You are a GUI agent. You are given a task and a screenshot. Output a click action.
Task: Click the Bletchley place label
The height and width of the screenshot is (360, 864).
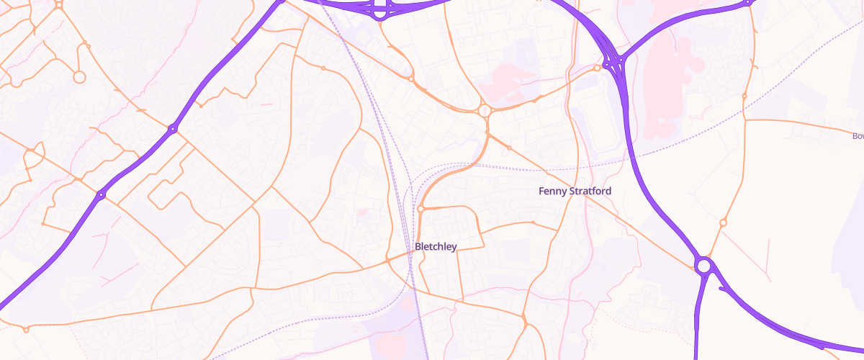[436, 247]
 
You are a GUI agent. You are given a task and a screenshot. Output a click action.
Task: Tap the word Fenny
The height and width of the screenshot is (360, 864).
[553, 192]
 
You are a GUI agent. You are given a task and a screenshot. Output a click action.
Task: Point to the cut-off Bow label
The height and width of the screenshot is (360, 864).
[857, 136]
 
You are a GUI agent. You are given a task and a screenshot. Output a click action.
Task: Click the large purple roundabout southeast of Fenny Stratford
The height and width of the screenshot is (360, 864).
[703, 266]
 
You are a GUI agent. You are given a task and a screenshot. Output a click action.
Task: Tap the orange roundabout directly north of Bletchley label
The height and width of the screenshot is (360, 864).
[420, 210]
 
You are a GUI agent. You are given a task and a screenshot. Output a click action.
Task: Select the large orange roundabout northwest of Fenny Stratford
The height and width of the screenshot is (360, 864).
[484, 111]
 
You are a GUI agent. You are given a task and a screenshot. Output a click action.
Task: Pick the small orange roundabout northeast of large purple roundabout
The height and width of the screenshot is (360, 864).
[724, 222]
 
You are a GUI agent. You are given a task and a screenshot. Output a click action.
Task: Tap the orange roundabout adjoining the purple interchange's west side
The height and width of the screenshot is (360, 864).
[597, 68]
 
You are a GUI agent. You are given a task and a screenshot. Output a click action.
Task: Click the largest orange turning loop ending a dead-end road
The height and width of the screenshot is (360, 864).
[79, 76]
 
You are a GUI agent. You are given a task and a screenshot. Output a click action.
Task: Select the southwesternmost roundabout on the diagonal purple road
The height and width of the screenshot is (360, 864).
[101, 194]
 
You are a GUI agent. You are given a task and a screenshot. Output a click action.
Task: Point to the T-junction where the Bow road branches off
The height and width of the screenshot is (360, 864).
[744, 120]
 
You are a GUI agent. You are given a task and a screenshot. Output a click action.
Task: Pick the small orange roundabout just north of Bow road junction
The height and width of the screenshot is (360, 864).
[744, 96]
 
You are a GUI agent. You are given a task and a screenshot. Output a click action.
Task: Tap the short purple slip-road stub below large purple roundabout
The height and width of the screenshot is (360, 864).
[723, 289]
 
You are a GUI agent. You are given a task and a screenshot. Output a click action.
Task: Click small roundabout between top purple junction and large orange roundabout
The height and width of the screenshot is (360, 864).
[410, 78]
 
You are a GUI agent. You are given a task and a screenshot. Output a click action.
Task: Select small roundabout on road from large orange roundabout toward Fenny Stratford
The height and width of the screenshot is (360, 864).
[509, 148]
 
